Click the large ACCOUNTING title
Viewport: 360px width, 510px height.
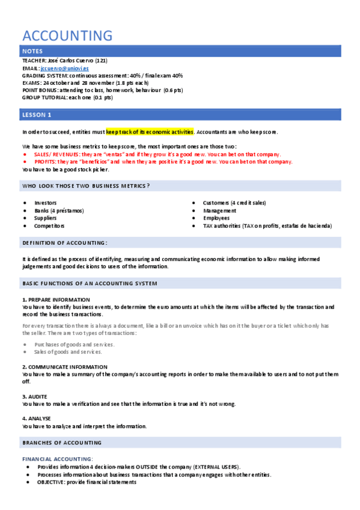(x=67, y=35)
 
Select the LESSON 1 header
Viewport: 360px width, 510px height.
(x=37, y=114)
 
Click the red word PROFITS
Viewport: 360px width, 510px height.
(x=45, y=162)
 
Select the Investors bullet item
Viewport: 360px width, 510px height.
(x=46, y=203)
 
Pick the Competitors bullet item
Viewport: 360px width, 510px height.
(x=49, y=226)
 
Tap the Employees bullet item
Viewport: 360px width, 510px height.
(x=216, y=218)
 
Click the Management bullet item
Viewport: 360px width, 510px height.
(x=219, y=210)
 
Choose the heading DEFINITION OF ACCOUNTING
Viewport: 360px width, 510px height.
(x=65, y=242)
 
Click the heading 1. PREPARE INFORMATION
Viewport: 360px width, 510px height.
(x=56, y=300)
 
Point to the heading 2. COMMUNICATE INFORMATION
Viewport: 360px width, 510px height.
(x=64, y=366)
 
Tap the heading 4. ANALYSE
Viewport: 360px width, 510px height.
(x=37, y=419)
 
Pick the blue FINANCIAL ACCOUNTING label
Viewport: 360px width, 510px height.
(x=57, y=459)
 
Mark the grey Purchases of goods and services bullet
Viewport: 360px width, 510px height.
(x=74, y=345)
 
